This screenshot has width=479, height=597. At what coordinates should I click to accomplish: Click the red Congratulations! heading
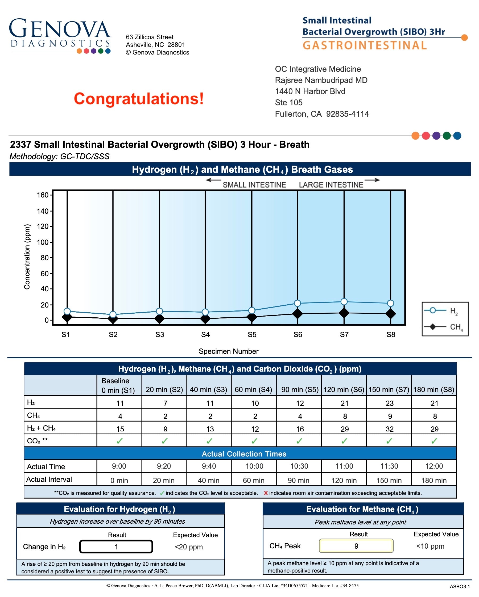pos(139,99)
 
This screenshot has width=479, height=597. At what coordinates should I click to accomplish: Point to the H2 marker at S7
pos(344,301)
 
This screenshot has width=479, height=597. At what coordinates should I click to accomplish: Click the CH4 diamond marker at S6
pos(298,314)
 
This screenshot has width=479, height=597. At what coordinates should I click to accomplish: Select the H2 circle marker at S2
pos(113,314)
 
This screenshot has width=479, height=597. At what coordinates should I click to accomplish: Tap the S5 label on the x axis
pos(252,334)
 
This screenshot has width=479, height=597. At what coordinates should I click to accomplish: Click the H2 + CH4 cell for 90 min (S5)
pos(300,429)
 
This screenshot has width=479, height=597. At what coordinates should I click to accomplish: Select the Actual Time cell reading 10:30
pos(299,466)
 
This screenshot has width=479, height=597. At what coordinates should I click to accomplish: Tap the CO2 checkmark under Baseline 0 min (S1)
pos(119,441)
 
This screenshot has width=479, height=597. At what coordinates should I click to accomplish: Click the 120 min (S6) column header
pos(344,390)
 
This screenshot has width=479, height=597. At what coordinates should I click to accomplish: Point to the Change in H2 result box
pos(116,546)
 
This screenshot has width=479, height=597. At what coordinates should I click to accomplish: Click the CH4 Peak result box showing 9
pos(356,546)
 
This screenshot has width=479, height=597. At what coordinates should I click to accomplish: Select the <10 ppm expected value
pos(430,546)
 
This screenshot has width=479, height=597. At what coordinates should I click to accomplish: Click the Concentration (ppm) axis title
pos(27,257)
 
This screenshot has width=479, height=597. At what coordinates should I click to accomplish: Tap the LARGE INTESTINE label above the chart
pos(331,185)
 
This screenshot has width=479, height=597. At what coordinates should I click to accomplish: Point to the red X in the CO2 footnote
pos(266,493)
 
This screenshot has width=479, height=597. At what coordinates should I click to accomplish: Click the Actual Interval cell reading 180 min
pos(434,480)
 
